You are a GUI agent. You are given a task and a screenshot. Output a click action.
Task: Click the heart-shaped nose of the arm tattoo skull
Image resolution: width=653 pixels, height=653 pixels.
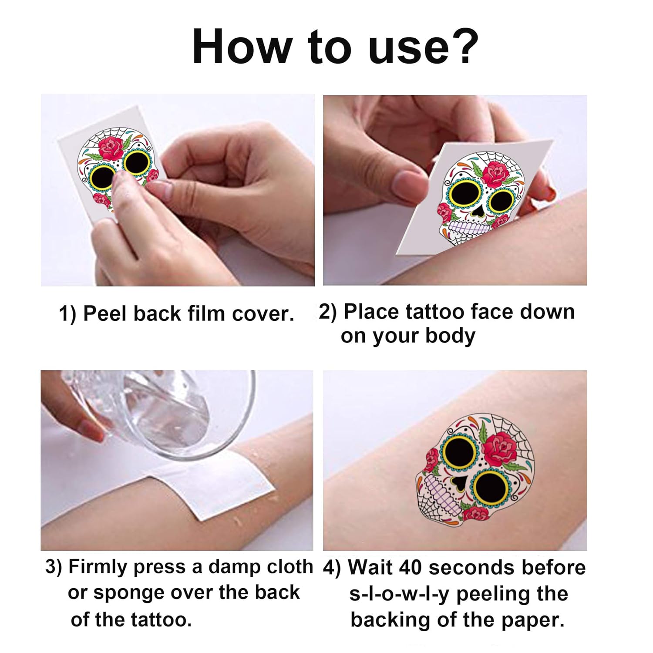click(x=459, y=482)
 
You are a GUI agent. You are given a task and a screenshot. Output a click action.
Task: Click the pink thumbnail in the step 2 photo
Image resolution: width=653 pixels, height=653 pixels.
click(x=410, y=183)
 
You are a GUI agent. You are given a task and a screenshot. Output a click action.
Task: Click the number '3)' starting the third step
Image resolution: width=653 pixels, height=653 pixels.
click(x=54, y=567)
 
